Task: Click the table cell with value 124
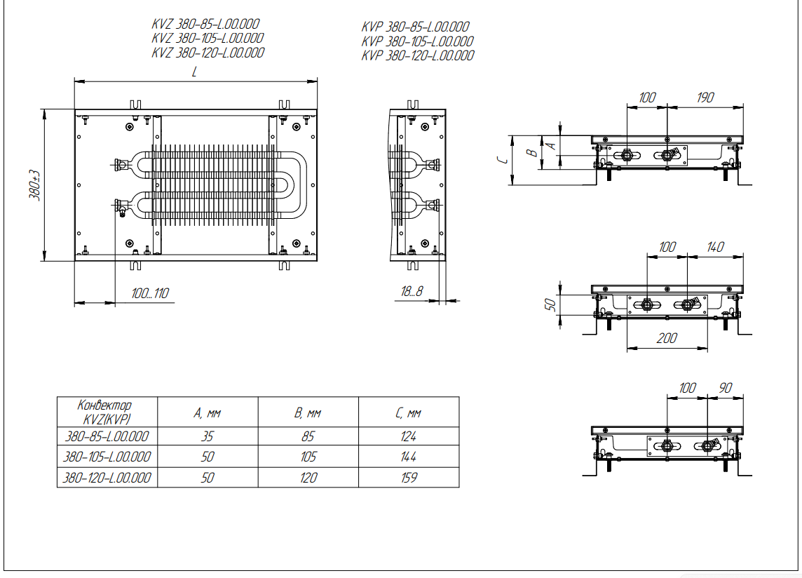pos(409,436)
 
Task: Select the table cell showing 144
pos(409,457)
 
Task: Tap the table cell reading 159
pos(409,478)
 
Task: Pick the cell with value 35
pos(208,436)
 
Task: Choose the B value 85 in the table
pos(308,436)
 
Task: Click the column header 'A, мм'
pos(208,413)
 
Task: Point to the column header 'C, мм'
pos(409,413)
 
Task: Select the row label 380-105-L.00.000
pos(107,457)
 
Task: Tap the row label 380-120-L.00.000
pos(107,478)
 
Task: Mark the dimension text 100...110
pos(150,293)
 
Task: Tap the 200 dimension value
pos(667,338)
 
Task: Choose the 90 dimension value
pos(725,388)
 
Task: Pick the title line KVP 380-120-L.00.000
pos(417,55)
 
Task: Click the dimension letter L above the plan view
pos(195,72)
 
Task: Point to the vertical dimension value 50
pos(551,304)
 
